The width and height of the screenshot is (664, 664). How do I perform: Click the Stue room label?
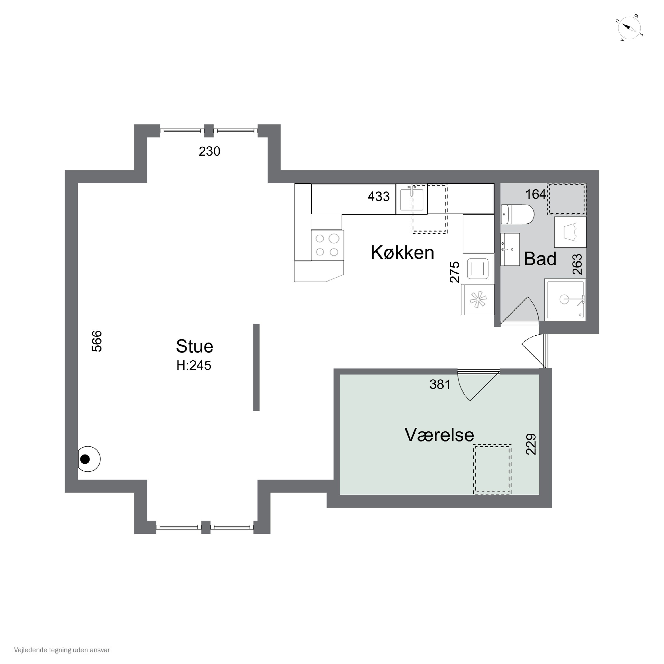point(195,346)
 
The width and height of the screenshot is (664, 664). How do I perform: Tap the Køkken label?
point(402,253)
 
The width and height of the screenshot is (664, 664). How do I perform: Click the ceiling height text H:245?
point(194,365)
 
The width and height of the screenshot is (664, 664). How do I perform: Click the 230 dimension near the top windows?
point(209,151)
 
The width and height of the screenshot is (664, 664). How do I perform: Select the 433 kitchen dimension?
point(378,196)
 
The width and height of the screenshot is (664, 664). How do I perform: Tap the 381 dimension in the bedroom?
point(440,384)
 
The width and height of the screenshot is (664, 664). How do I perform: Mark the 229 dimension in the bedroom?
point(531,444)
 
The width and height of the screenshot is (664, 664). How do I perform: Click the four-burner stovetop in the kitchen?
point(327,245)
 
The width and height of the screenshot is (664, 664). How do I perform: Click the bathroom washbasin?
point(510,249)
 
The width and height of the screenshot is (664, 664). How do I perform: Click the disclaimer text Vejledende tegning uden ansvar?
point(62,650)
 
